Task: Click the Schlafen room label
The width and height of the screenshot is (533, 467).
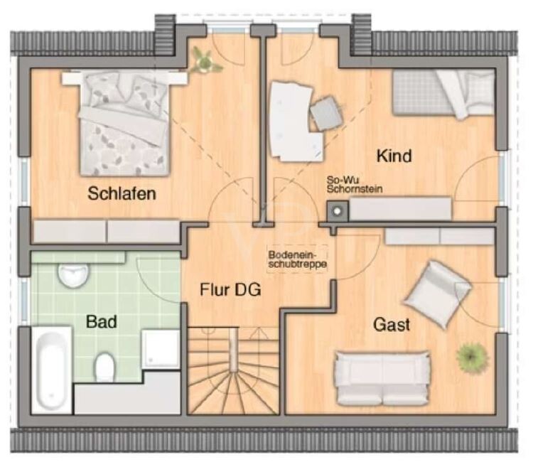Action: coord(122,193)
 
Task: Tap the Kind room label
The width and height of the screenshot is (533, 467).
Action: coord(394,156)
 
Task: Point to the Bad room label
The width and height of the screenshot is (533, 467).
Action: coord(102,321)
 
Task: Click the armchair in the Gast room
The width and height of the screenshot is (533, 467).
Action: coord(437,292)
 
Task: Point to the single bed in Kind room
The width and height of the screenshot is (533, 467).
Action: coord(443,92)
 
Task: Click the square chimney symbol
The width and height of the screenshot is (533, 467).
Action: coord(337,210)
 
